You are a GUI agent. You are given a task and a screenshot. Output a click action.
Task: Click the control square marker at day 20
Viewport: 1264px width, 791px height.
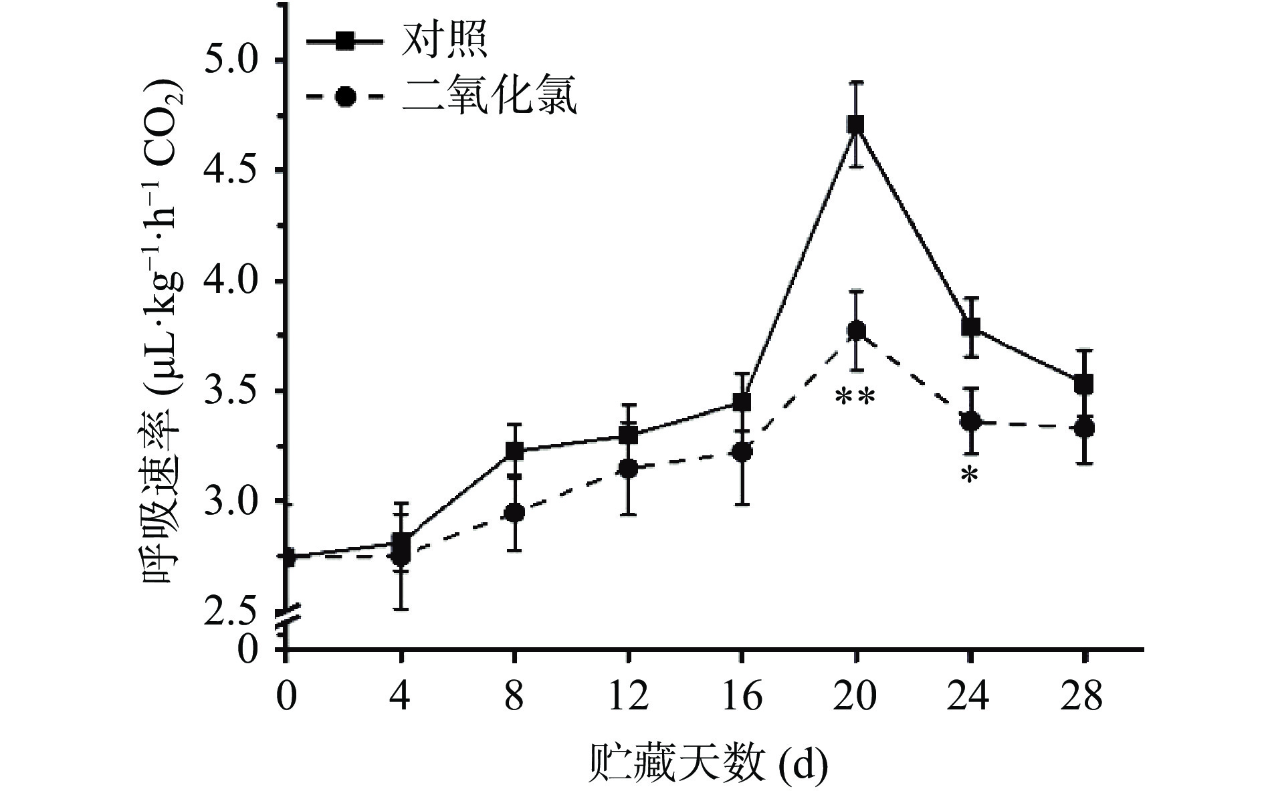(x=855, y=124)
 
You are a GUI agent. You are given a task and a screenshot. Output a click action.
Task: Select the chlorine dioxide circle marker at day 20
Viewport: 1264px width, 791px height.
(x=856, y=330)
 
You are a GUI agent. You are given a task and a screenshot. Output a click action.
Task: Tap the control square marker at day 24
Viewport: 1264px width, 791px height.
(x=970, y=327)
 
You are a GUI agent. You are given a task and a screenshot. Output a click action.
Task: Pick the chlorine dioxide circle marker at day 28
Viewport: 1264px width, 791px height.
(x=1084, y=429)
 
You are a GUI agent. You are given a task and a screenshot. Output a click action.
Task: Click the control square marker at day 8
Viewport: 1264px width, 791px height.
(x=514, y=451)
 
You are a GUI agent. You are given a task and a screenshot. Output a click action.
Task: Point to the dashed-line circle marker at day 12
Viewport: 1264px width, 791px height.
(x=627, y=469)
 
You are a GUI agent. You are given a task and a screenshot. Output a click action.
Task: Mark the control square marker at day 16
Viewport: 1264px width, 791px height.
(x=742, y=403)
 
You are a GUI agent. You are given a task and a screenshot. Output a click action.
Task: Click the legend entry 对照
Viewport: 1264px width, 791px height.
(x=444, y=41)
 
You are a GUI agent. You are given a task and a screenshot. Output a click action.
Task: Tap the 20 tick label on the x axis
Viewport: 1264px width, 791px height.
(x=855, y=697)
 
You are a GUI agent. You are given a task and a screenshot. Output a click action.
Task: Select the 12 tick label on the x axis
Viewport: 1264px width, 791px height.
(x=627, y=697)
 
